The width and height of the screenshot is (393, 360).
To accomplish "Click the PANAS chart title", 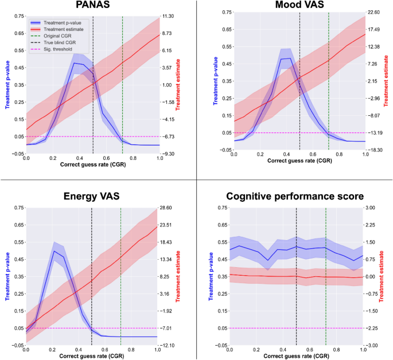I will point(91,6).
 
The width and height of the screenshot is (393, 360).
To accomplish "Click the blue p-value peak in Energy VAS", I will point(55,251).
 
